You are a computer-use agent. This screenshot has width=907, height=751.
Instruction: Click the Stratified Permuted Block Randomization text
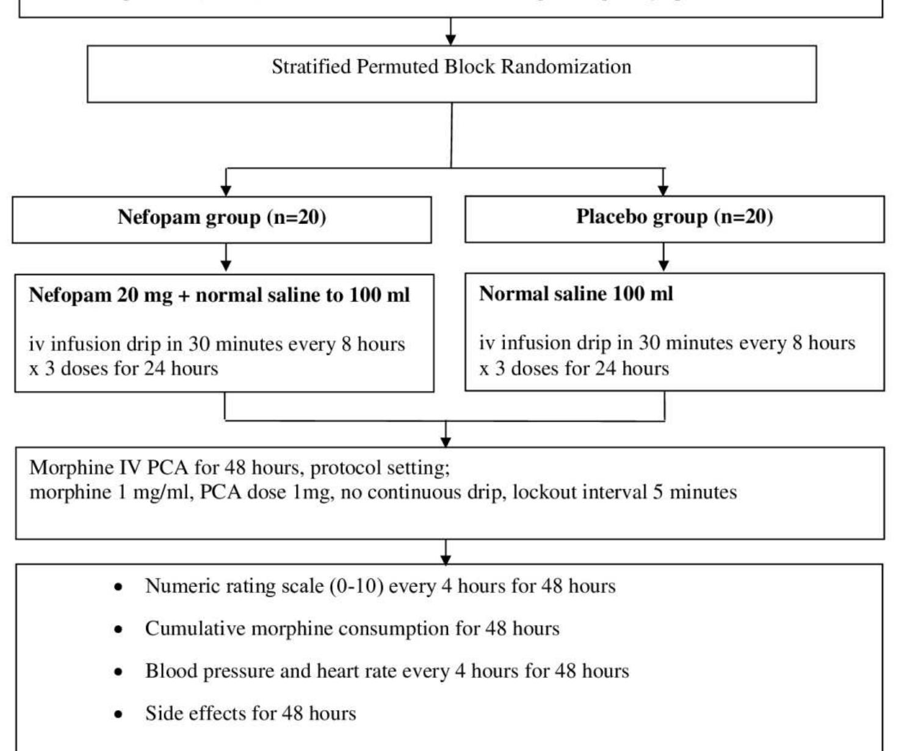[451, 66]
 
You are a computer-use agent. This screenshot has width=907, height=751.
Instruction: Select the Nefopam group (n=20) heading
[222, 217]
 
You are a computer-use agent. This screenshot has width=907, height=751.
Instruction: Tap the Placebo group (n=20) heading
[674, 217]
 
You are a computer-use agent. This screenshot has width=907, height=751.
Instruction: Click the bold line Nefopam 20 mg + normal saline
[219, 295]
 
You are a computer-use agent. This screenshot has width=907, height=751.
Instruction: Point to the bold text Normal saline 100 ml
[576, 294]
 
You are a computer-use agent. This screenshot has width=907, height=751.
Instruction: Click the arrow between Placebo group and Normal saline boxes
[663, 258]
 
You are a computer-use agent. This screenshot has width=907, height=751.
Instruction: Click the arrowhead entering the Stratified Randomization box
[450, 39]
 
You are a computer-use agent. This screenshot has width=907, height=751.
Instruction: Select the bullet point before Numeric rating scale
[118, 588]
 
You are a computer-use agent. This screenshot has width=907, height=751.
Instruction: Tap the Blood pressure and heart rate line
[387, 671]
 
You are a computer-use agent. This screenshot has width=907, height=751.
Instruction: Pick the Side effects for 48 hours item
[250, 713]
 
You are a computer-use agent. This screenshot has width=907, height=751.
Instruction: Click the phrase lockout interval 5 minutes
[624, 492]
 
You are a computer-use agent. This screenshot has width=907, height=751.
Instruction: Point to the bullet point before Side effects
[118, 714]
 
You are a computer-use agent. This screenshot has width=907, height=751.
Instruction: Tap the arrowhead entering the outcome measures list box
[446, 558]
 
